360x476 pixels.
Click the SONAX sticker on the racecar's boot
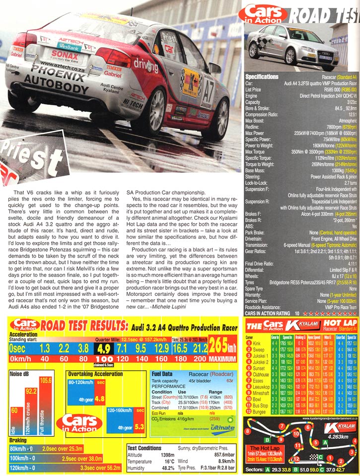[x=65, y=54]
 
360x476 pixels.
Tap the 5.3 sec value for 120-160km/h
[x=139, y=425]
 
